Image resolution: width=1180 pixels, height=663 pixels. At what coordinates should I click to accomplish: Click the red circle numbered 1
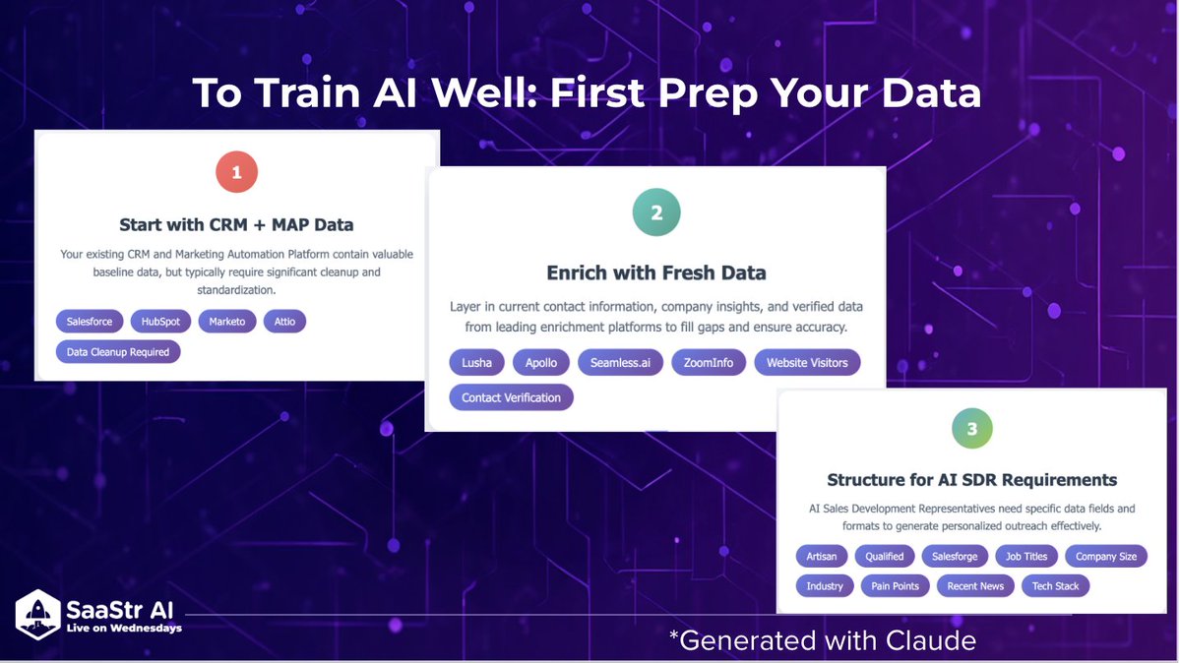[x=236, y=172]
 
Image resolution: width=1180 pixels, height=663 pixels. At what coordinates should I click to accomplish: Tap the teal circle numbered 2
[x=656, y=212]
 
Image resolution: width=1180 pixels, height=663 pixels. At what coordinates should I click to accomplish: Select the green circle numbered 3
[x=971, y=428]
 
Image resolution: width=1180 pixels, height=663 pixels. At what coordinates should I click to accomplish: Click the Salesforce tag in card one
[x=89, y=322]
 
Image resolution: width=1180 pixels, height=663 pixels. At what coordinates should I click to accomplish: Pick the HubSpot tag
[x=160, y=322]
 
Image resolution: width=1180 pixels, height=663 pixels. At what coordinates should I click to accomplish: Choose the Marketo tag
[x=226, y=322]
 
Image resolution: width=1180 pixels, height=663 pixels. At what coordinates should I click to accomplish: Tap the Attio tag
[x=284, y=322]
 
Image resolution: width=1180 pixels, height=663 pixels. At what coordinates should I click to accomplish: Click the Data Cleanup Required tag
[x=117, y=351]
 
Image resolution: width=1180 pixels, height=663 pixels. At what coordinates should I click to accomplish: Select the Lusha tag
[x=476, y=363]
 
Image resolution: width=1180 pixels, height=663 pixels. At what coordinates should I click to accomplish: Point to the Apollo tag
[x=541, y=363]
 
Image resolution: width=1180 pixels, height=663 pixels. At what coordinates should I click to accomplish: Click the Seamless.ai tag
[x=620, y=363]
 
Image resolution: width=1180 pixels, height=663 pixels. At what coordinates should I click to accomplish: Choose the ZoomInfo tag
[x=709, y=363]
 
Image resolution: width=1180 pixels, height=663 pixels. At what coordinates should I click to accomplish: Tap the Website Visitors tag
[x=807, y=363]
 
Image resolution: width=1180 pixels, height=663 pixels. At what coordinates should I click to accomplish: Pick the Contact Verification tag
[x=511, y=397]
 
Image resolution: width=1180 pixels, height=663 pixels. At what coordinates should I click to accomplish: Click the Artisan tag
[x=821, y=556]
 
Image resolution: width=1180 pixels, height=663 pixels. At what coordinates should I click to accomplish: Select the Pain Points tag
[x=895, y=585]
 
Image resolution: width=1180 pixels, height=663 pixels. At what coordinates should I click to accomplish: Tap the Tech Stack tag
[x=1055, y=585]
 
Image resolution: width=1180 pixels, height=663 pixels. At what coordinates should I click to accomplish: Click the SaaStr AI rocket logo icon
[x=37, y=615]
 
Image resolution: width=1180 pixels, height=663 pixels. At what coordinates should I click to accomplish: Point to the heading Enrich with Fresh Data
[x=656, y=272]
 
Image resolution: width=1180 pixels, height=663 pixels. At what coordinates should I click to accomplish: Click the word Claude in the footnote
[x=931, y=640]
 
